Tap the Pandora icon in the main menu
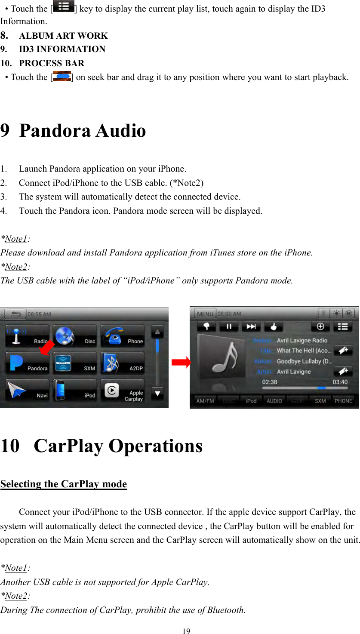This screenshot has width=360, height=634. [27, 363]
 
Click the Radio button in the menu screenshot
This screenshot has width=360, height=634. [27, 336]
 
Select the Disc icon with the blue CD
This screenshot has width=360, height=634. [74, 336]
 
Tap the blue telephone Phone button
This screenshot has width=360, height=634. [122, 336]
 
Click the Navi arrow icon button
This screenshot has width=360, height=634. [27, 390]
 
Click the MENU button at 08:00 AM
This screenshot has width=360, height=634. [205, 314]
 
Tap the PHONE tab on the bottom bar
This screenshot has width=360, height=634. [343, 401]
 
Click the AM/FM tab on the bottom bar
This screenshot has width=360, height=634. [205, 401]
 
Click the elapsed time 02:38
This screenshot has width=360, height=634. [270, 382]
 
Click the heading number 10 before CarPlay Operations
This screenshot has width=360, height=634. [10, 446]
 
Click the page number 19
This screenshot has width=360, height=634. [186, 631]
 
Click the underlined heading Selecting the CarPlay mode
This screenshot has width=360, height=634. [64, 484]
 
